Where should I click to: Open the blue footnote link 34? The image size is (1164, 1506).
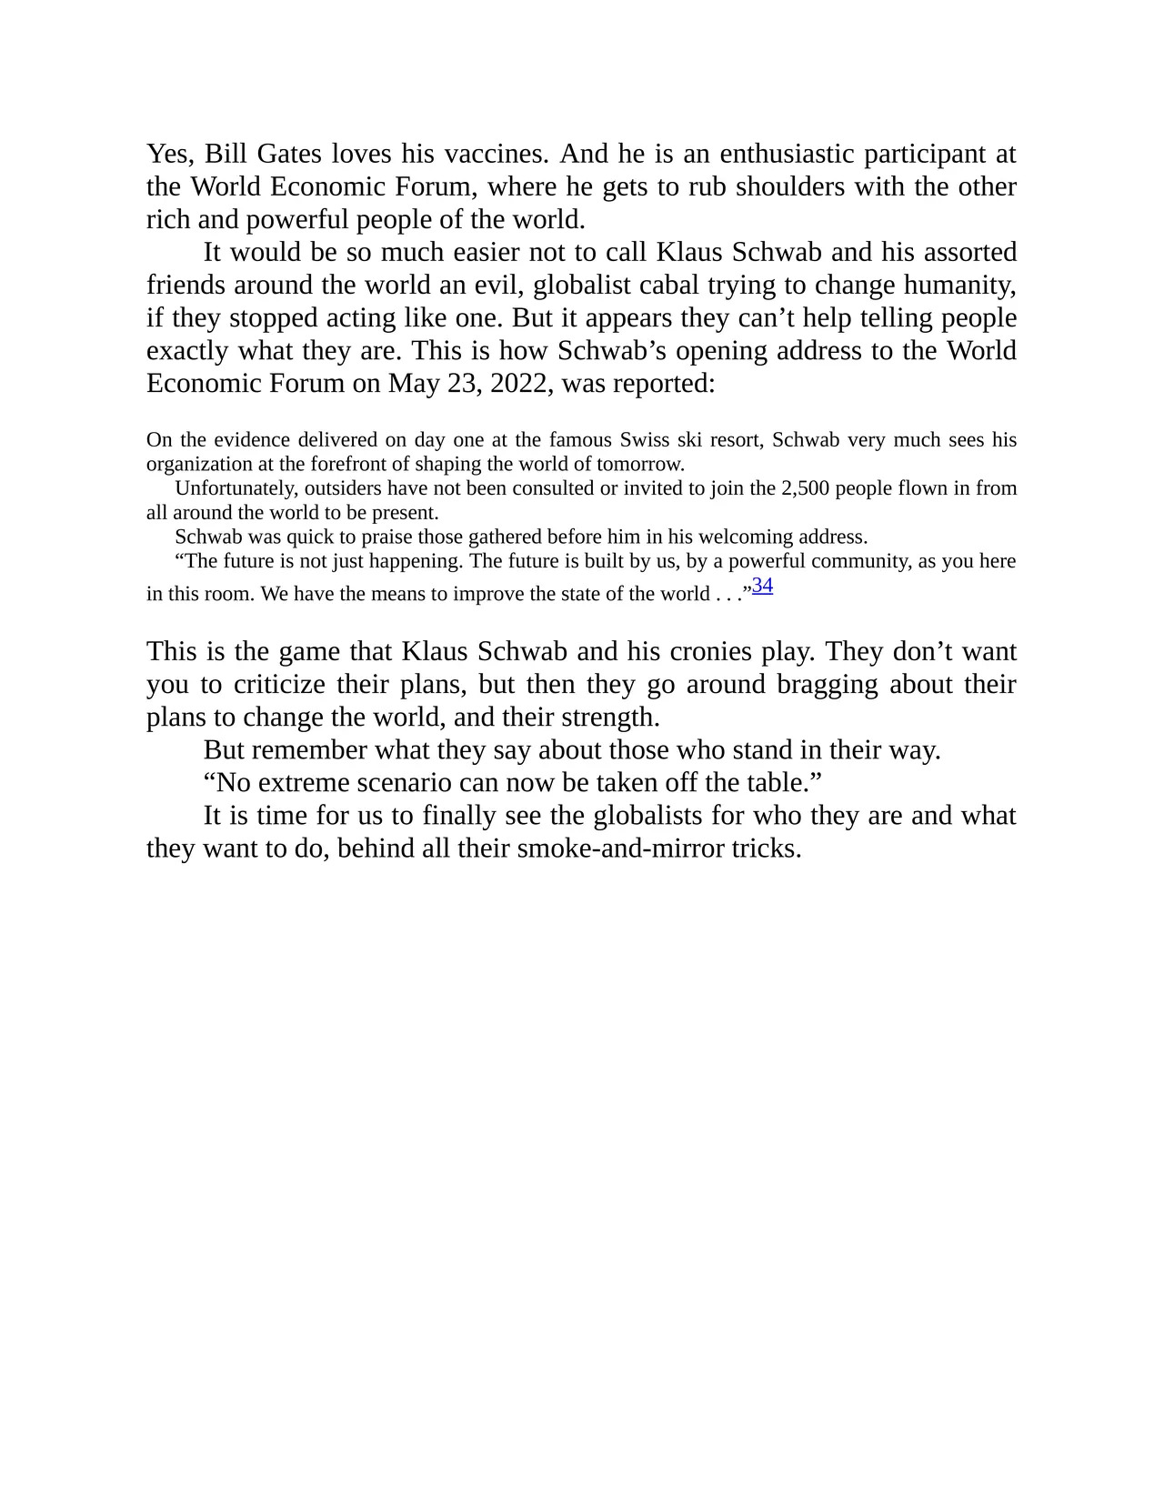[x=762, y=586]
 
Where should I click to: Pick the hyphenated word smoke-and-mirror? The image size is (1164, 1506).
[x=620, y=848]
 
